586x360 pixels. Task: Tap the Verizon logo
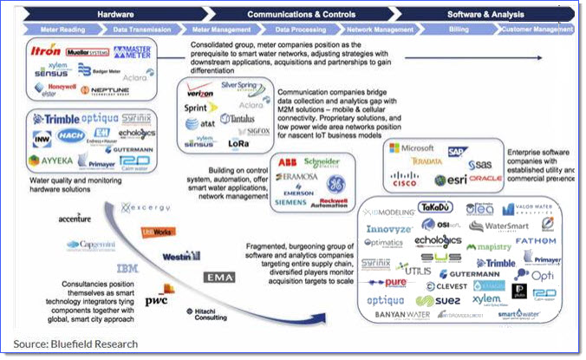(200, 93)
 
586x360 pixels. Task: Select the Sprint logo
(198, 110)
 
